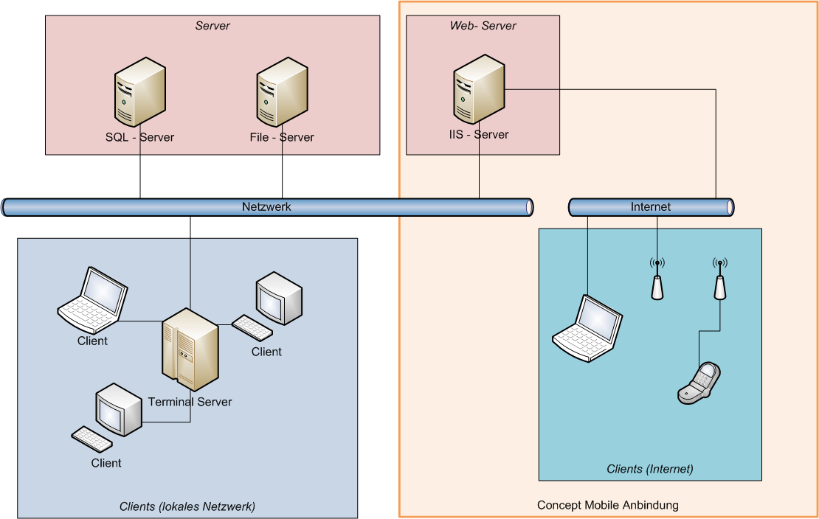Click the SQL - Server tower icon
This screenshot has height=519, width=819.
pyautogui.click(x=139, y=96)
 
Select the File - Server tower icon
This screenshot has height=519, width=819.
pyautogui.click(x=282, y=96)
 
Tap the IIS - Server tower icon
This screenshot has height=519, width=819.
pyautogui.click(x=479, y=91)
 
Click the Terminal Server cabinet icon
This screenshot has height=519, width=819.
pyautogui.click(x=190, y=349)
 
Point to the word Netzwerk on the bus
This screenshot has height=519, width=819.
pyautogui.click(x=266, y=207)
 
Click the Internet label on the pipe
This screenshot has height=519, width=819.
pyautogui.click(x=651, y=207)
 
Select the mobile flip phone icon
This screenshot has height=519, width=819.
pyautogui.click(x=699, y=383)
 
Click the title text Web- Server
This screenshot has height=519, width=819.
pyautogui.click(x=483, y=26)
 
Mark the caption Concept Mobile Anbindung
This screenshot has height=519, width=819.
pyautogui.click(x=607, y=506)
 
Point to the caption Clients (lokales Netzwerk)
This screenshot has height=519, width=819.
pyautogui.click(x=187, y=507)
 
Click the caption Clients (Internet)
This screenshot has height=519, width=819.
pyautogui.click(x=650, y=469)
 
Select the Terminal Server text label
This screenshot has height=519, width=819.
pyautogui.click(x=190, y=402)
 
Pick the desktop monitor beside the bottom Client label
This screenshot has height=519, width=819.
pyautogui.click(x=119, y=410)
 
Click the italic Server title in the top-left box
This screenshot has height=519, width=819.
pyautogui.click(x=212, y=26)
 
